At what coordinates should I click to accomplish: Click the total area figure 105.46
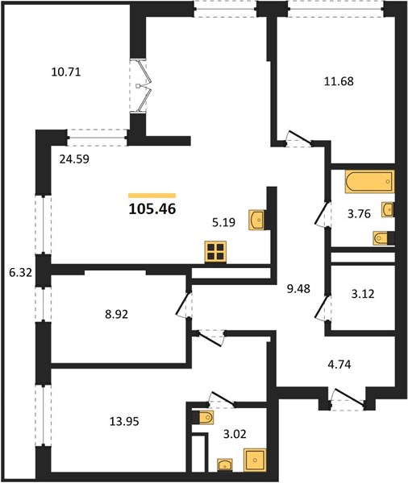(152, 209)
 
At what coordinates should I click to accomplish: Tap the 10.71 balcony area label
(66, 72)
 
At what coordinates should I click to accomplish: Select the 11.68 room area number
(339, 81)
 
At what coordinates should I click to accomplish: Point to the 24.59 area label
(74, 159)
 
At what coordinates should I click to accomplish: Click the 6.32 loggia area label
(21, 272)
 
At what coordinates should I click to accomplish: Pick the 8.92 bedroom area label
(116, 315)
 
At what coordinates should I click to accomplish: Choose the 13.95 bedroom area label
(124, 421)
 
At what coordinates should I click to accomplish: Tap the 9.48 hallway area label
(298, 289)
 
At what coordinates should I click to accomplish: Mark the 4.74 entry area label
(339, 365)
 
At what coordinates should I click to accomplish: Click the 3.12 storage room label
(363, 294)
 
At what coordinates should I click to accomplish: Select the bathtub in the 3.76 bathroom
(370, 182)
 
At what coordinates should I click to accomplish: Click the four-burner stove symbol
(215, 252)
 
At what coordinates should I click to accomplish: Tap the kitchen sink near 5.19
(256, 220)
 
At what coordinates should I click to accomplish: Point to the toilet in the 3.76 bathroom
(383, 238)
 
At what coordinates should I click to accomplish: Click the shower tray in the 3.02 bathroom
(255, 460)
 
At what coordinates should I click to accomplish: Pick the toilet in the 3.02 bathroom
(202, 418)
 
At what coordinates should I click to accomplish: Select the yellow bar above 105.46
(152, 196)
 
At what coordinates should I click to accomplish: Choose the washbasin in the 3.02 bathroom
(225, 464)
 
